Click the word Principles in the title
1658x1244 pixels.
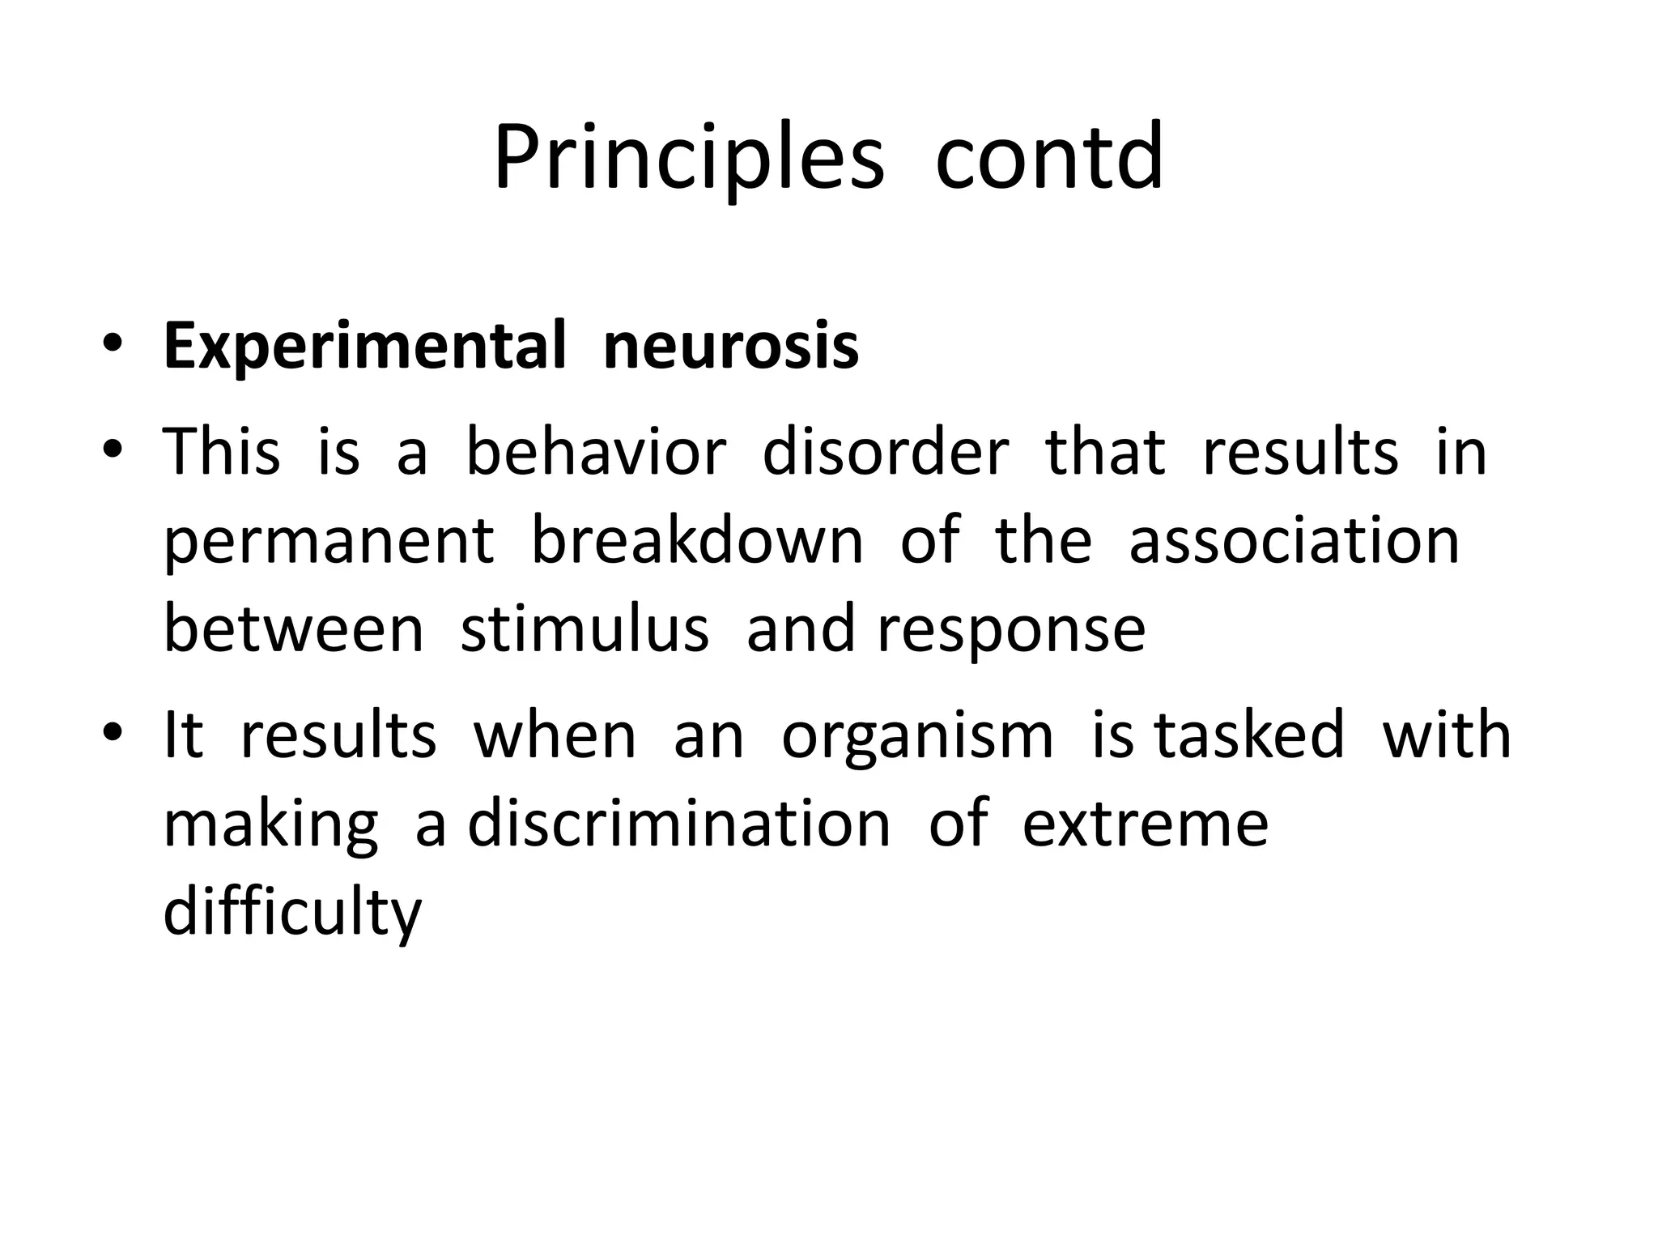tap(688, 158)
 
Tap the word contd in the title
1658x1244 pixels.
tap(1049, 158)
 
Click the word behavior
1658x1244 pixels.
tap(596, 452)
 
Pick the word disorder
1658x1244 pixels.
tap(886, 452)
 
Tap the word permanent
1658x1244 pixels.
tap(329, 541)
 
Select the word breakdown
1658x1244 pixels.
tap(697, 541)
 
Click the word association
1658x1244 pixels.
tap(1294, 541)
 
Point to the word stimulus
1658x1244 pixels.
tap(585, 630)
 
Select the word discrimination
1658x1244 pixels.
tap(679, 824)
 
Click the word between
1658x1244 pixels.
tap(293, 630)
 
